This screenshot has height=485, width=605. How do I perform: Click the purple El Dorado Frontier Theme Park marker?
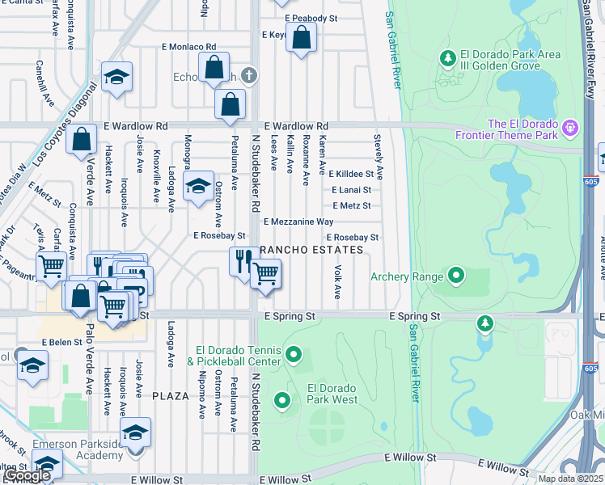click(571, 127)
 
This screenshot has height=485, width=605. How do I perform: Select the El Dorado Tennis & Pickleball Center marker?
click(294, 355)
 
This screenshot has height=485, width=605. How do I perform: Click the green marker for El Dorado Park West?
click(282, 400)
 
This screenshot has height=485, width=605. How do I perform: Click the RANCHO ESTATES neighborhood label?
click(311, 251)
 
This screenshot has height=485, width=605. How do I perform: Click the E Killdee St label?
click(350, 174)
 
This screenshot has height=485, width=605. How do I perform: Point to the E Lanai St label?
click(350, 190)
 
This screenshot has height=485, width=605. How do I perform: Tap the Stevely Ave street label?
click(378, 158)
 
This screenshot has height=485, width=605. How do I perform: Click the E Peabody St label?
click(310, 18)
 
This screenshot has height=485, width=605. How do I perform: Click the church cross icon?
click(251, 75)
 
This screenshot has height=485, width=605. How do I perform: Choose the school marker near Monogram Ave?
click(198, 187)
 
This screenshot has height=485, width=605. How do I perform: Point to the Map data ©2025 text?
click(570, 479)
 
